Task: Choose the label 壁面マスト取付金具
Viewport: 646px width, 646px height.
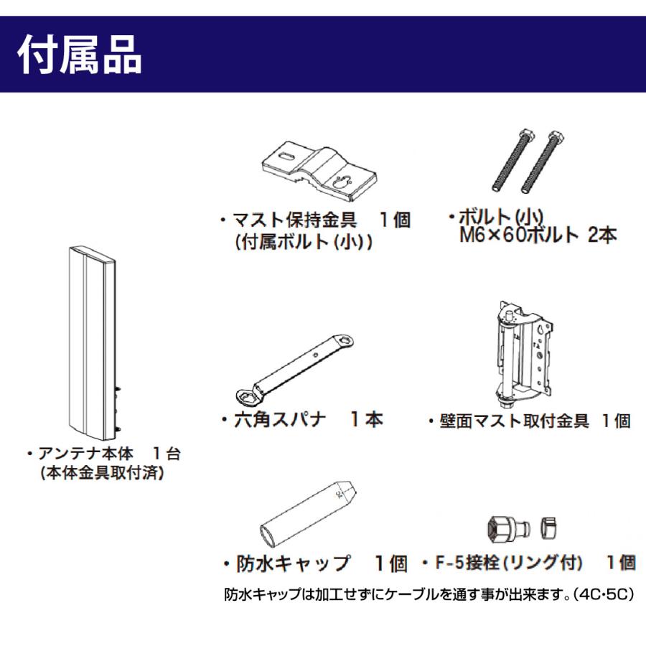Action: (x=514, y=421)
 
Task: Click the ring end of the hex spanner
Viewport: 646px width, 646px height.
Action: (x=245, y=394)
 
